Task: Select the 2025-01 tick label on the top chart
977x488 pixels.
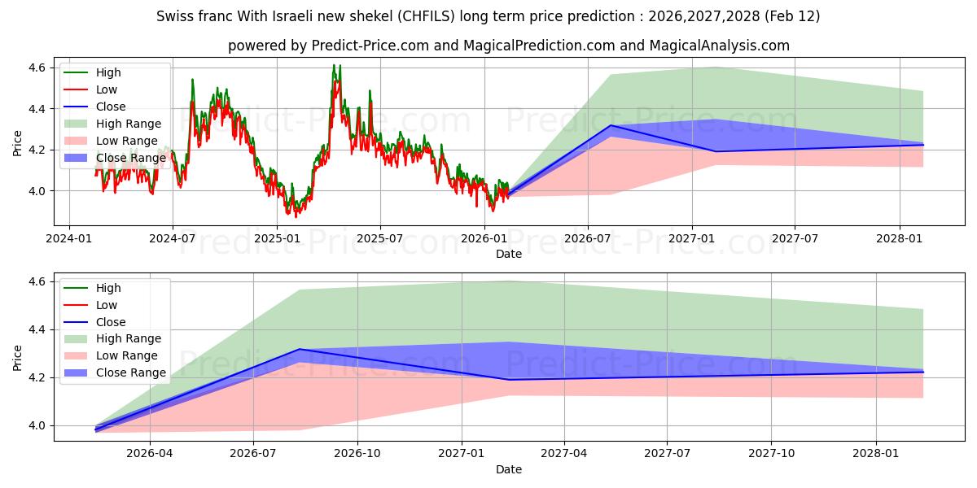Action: pyautogui.click(x=277, y=239)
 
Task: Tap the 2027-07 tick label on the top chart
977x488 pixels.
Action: pyautogui.click(x=795, y=239)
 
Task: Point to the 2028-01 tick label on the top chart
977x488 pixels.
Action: pyautogui.click(x=900, y=239)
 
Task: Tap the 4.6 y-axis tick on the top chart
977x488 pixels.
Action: pyautogui.click(x=36, y=68)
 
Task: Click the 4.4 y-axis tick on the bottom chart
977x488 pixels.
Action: pyautogui.click(x=36, y=330)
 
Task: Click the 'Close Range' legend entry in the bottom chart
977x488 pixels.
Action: pyautogui.click(x=131, y=373)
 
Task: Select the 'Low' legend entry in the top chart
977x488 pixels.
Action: pyautogui.click(x=107, y=89)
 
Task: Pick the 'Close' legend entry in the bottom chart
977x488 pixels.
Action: pyautogui.click(x=111, y=322)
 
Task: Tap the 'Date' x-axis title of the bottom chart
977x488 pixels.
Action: pyautogui.click(x=509, y=469)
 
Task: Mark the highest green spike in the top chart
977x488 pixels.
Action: pyautogui.click(x=334, y=65)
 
